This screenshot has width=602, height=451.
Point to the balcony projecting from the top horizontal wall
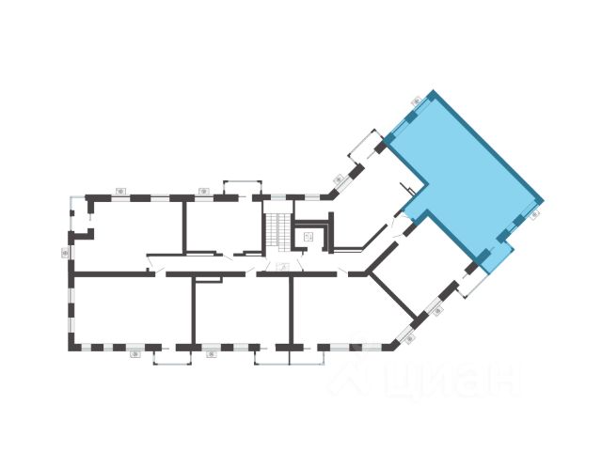point(243,188)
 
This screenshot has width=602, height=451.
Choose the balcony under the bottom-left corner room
point(172,355)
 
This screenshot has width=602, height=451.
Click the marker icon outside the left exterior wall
point(65,252)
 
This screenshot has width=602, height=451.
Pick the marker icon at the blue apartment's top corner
point(416,101)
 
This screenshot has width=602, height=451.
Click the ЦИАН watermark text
point(451,381)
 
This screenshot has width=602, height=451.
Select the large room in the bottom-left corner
point(132,310)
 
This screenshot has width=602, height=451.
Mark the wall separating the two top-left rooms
point(184,225)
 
